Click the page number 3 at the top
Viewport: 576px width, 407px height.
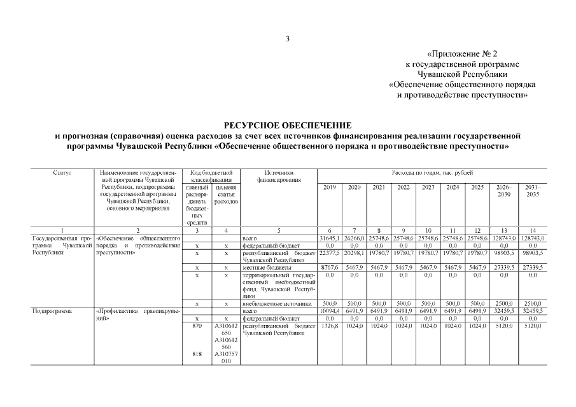point(288,39)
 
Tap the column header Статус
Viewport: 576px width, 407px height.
point(62,173)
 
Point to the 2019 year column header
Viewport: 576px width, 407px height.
point(330,188)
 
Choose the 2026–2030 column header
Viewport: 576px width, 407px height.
point(503,191)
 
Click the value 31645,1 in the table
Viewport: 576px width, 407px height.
point(330,238)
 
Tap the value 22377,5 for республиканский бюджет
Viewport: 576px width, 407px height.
point(330,253)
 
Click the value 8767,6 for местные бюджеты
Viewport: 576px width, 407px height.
point(330,268)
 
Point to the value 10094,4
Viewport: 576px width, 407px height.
point(330,311)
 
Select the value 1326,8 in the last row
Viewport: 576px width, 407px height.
point(330,326)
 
